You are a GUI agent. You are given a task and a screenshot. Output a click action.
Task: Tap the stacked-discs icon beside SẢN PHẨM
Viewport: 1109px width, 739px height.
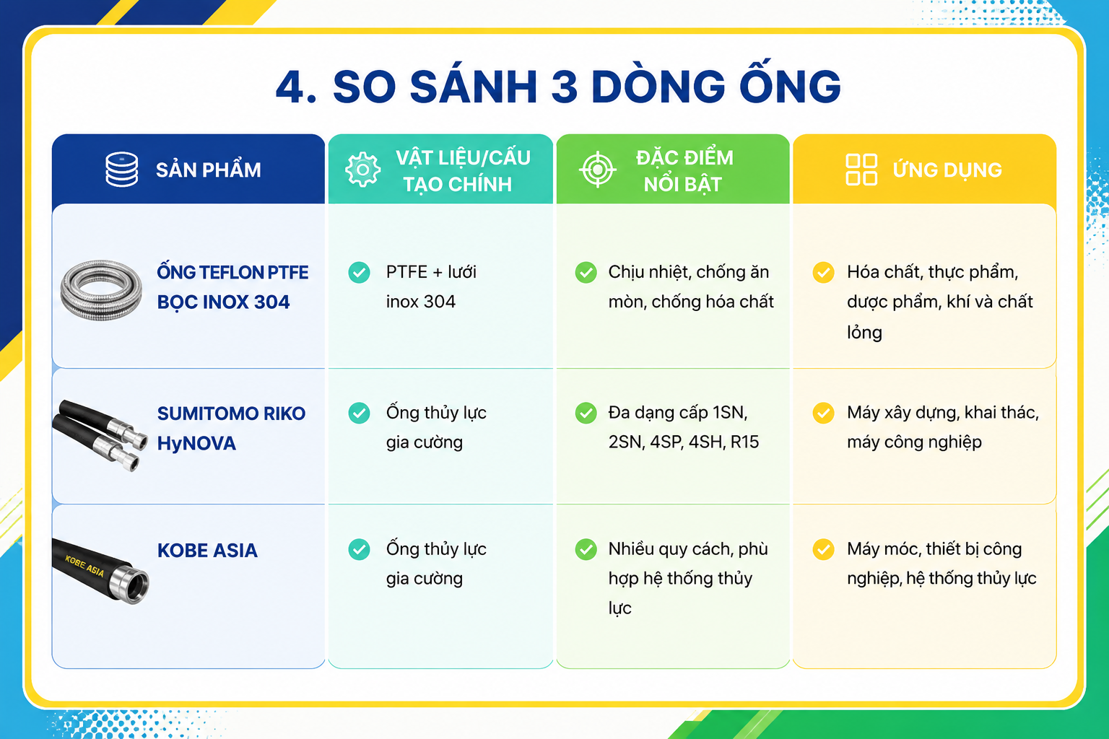click(x=122, y=170)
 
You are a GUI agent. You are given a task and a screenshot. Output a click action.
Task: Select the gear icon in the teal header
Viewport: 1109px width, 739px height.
click(x=363, y=170)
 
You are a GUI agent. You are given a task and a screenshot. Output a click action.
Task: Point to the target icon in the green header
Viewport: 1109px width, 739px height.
click(x=598, y=170)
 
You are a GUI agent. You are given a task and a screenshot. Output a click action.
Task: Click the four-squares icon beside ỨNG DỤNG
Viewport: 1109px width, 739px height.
click(x=861, y=170)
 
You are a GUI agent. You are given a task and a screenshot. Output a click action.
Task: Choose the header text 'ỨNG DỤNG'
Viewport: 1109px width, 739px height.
click(x=947, y=170)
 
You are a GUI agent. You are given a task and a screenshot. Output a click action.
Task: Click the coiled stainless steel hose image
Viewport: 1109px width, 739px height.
click(x=101, y=289)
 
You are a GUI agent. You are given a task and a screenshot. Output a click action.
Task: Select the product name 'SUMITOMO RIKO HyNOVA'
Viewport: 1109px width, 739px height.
click(x=231, y=428)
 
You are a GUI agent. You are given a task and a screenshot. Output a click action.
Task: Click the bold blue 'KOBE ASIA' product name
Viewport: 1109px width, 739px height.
click(x=207, y=551)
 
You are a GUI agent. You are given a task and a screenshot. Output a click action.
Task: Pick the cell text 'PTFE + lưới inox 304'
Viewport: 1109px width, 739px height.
click(x=431, y=287)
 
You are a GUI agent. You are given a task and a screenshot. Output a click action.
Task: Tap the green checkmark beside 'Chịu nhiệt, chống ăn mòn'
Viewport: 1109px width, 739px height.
click(x=586, y=272)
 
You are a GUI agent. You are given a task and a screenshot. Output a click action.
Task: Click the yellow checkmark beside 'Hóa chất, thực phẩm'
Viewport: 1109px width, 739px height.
click(x=823, y=272)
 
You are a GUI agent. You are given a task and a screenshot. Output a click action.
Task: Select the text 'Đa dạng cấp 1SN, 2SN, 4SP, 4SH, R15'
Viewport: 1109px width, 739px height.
click(x=683, y=427)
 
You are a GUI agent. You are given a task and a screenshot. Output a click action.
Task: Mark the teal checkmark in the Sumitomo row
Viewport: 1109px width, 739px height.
click(x=359, y=413)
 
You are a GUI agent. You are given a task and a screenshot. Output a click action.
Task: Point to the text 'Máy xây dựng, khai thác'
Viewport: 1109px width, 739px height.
click(x=943, y=413)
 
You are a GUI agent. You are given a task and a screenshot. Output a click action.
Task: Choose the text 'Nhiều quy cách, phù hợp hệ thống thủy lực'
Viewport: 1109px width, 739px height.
click(x=688, y=578)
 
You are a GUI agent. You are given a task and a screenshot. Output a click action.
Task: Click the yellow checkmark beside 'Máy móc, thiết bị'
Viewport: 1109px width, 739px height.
click(x=823, y=549)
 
